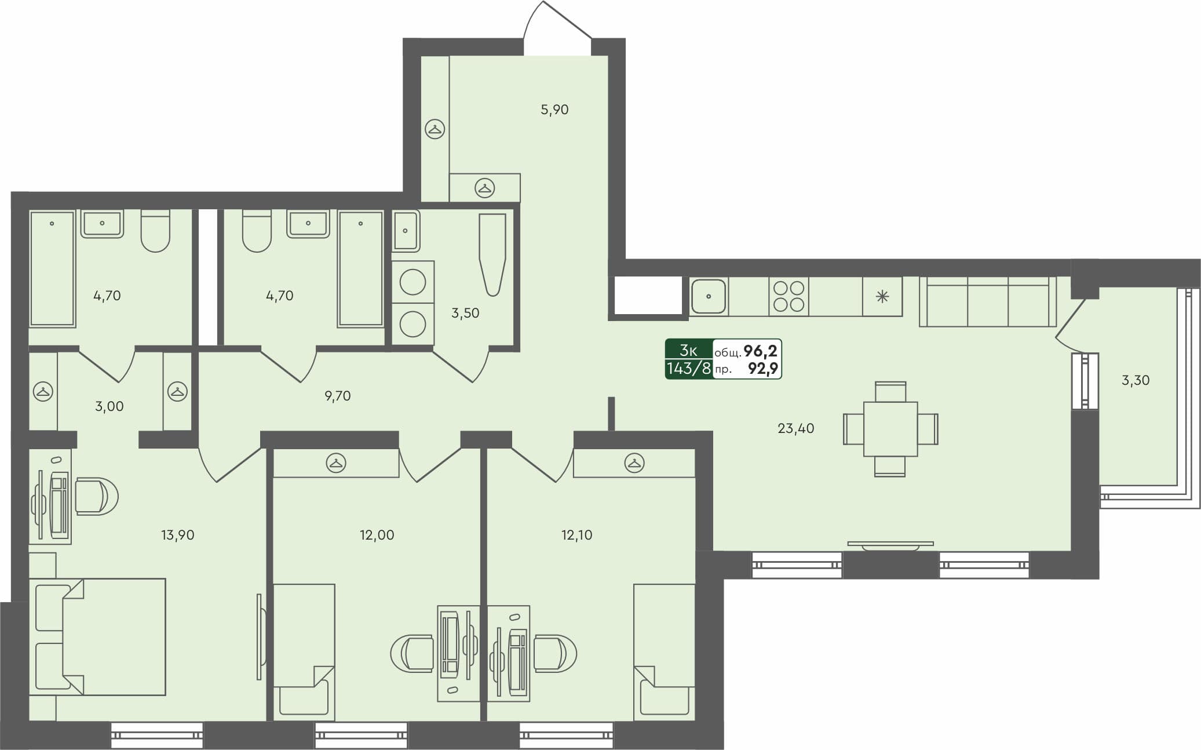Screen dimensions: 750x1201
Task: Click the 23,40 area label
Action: [795, 428]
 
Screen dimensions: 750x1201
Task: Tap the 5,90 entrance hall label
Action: [554, 110]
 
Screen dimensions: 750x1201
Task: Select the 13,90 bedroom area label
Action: [177, 535]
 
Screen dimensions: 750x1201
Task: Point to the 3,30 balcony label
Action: [1135, 381]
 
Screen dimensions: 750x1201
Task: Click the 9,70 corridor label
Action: [337, 396]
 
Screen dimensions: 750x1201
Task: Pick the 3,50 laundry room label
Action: [465, 313]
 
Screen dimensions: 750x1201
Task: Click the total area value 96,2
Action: [760, 351]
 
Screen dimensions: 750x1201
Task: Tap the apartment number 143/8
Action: [688, 368]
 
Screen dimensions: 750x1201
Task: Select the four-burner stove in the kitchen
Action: [789, 296]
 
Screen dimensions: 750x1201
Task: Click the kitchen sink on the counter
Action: [708, 296]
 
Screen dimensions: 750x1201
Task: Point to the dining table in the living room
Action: [890, 429]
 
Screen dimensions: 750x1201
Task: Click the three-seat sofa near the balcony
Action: [988, 301]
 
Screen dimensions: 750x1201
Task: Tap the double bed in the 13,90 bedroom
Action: [98, 636]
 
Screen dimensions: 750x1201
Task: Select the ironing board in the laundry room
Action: [492, 254]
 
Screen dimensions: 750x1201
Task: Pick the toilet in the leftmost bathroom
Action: [155, 231]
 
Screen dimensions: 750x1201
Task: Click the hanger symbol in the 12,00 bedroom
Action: [336, 463]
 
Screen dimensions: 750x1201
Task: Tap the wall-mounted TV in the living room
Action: [890, 545]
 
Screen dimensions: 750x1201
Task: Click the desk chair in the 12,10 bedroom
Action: [553, 653]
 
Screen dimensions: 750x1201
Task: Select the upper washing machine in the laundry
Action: [412, 283]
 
